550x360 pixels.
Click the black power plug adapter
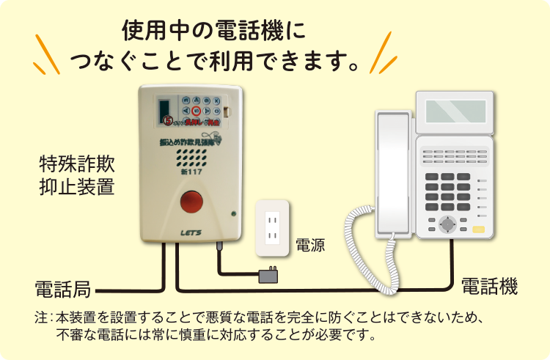click(x=268, y=276)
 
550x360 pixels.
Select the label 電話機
click(x=488, y=286)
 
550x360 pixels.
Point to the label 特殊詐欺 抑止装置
click(x=76, y=174)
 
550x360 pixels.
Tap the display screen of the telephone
click(x=455, y=111)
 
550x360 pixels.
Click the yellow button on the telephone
click(x=479, y=229)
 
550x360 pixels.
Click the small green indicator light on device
click(x=232, y=214)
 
